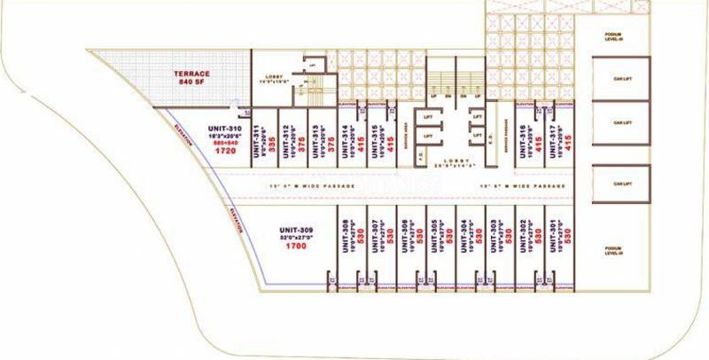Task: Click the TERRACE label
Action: (191, 74)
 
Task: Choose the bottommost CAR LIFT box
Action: (619, 184)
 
